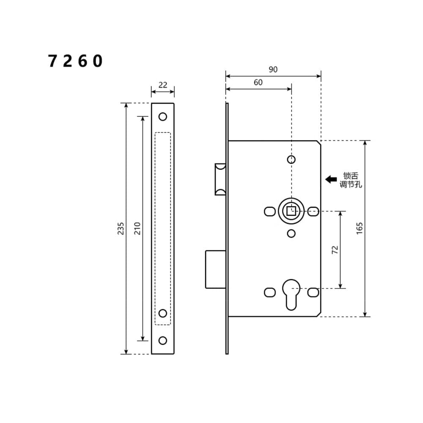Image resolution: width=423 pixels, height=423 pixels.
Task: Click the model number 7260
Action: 75,62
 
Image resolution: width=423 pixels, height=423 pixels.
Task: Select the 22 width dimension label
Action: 163,85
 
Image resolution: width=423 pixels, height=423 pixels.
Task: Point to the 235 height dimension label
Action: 121,228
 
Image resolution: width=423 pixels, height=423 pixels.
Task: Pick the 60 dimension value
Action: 258,82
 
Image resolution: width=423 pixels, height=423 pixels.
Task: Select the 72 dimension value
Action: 335,250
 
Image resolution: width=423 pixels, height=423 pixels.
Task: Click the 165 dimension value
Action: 360,228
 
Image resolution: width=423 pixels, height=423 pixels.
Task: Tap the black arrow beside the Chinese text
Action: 331,179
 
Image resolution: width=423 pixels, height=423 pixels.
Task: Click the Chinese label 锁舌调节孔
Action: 351,180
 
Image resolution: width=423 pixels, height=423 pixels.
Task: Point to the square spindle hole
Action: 291,210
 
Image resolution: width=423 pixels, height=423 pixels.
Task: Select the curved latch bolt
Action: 220,179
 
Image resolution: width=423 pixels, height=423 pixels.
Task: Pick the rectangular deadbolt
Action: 215,269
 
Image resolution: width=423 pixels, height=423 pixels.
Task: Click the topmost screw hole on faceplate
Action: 163,116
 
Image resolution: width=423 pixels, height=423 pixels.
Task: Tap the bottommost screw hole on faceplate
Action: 163,341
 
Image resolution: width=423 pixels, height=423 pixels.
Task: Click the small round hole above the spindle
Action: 291,159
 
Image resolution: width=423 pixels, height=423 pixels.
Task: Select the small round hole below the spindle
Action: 291,233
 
